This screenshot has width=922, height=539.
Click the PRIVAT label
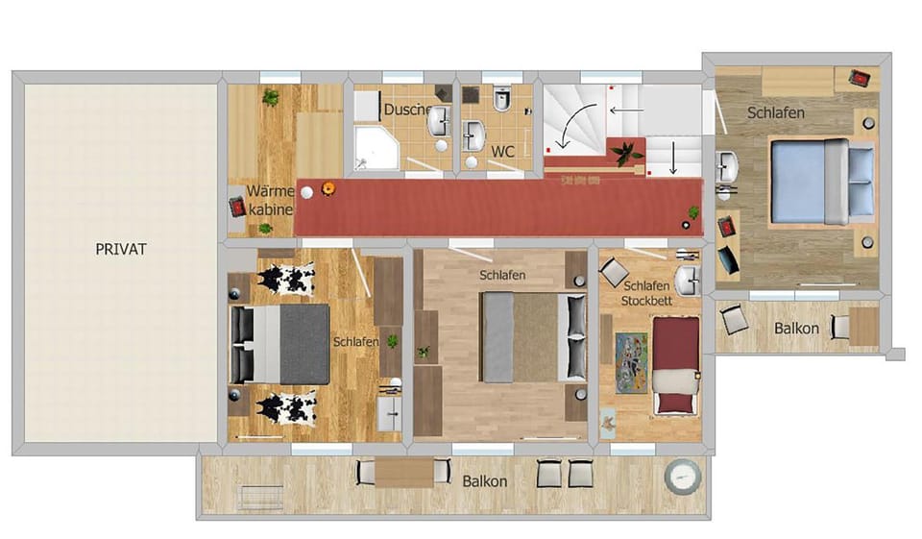point(120,249)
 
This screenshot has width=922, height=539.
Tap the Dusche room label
point(406,110)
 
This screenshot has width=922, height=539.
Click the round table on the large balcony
point(681,477)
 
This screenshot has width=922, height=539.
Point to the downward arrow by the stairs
point(674,157)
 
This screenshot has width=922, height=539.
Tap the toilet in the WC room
point(500,100)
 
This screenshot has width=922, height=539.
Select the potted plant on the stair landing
point(625,151)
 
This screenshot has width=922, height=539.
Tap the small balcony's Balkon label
point(796,329)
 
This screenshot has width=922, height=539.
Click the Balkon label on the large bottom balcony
point(485,480)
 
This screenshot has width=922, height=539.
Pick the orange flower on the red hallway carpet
point(328,188)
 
